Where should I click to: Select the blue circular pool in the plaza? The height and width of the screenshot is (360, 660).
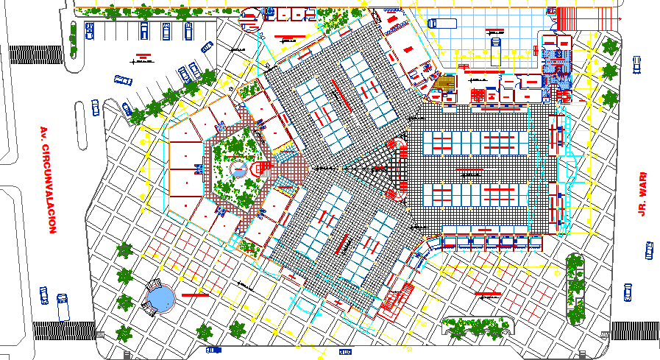coord(159,298)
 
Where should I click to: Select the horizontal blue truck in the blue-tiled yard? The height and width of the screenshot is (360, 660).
coord(441,23)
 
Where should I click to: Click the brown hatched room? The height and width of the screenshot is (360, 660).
coord(444,83)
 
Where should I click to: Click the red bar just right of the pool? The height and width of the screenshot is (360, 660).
coord(196,294)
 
